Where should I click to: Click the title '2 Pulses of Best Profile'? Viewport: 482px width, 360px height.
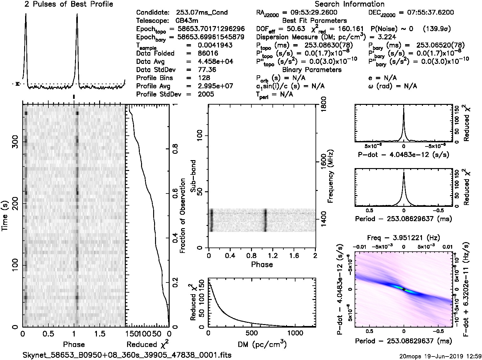click(69, 4)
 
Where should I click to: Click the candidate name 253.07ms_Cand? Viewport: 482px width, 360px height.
click(202, 13)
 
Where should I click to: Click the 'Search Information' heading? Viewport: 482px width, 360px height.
click(349, 4)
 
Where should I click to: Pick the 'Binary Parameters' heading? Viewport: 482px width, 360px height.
click(312, 70)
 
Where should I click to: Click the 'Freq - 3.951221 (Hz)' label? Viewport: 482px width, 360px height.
click(404, 238)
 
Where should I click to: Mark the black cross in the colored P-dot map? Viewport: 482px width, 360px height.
click(404, 289)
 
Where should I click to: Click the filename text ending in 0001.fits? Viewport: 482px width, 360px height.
click(127, 355)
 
